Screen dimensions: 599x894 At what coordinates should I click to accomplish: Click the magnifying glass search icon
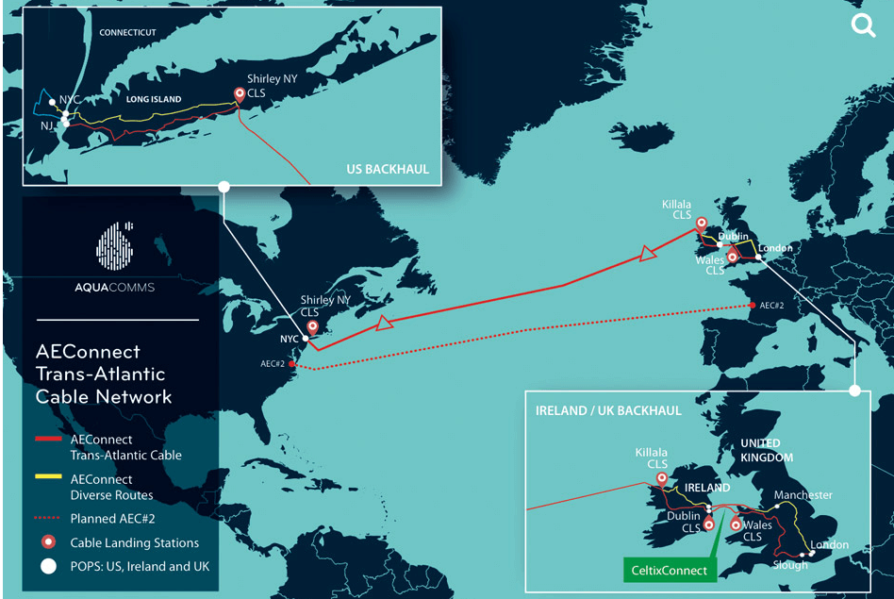[863, 25]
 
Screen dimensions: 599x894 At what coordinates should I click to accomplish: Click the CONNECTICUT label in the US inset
[127, 32]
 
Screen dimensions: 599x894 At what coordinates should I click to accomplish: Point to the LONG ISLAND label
[154, 98]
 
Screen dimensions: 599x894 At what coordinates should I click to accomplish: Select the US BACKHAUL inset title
[387, 170]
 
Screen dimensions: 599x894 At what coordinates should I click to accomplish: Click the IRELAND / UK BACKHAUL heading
[608, 411]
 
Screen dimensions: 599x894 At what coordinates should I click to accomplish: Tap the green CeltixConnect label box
[670, 570]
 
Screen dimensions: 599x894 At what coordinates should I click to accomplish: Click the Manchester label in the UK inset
[803, 495]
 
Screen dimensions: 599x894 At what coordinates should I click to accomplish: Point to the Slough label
[789, 565]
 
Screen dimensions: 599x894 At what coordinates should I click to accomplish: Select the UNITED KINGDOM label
[760, 450]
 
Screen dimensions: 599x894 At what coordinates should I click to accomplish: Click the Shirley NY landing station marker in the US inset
[240, 94]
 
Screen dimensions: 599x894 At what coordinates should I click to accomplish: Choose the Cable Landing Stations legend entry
[134, 542]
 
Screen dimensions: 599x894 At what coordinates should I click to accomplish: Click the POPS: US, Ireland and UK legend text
[139, 566]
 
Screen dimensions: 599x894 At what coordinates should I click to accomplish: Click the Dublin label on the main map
[733, 237]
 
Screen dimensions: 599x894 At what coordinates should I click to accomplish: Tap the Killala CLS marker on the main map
[701, 225]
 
